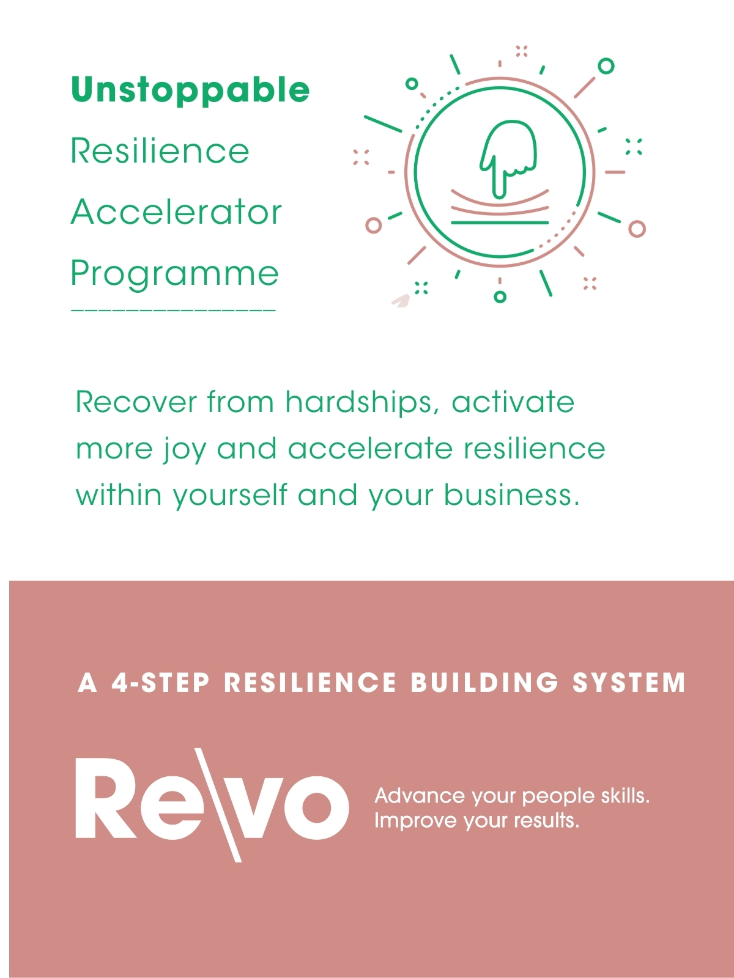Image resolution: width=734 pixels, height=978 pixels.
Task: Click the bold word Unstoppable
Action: pos(190,90)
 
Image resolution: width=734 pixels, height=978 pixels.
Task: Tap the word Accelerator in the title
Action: pos(176,211)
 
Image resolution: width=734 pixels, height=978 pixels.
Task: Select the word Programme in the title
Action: pos(175,274)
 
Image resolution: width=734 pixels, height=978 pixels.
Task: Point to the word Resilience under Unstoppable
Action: pos(160,150)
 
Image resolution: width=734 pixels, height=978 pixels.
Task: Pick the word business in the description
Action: pos(511,495)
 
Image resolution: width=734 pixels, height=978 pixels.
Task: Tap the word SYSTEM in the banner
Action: pos(629,682)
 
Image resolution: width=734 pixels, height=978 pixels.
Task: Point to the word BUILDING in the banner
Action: pos(484,682)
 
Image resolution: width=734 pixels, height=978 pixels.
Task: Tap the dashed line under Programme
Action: pos(173,310)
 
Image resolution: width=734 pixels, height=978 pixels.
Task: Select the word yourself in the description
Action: pos(231,495)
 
